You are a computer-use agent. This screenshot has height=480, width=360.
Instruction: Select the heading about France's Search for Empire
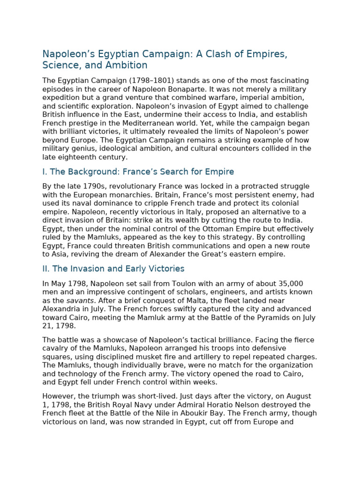138,172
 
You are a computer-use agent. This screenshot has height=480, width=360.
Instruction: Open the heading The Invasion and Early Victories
113,269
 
